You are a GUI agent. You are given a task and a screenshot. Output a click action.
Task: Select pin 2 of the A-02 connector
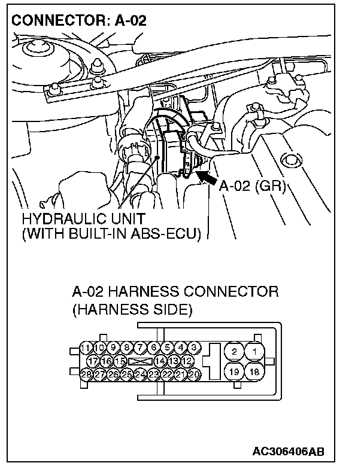235,352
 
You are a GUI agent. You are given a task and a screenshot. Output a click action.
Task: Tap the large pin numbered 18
254,371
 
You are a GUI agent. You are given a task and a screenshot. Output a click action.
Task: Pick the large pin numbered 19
235,371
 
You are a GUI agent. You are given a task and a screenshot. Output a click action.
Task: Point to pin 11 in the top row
86,348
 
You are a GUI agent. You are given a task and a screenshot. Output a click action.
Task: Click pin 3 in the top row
195,348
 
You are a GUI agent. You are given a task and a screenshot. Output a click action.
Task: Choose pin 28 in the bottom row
86,374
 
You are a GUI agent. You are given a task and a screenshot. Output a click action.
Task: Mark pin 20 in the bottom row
195,374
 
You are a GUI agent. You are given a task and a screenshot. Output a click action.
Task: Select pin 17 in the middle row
93,361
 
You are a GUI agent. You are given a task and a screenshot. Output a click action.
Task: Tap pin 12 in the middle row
187,361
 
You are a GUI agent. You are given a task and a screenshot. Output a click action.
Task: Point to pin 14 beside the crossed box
160,361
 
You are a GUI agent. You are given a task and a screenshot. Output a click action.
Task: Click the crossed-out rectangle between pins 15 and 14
140,361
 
